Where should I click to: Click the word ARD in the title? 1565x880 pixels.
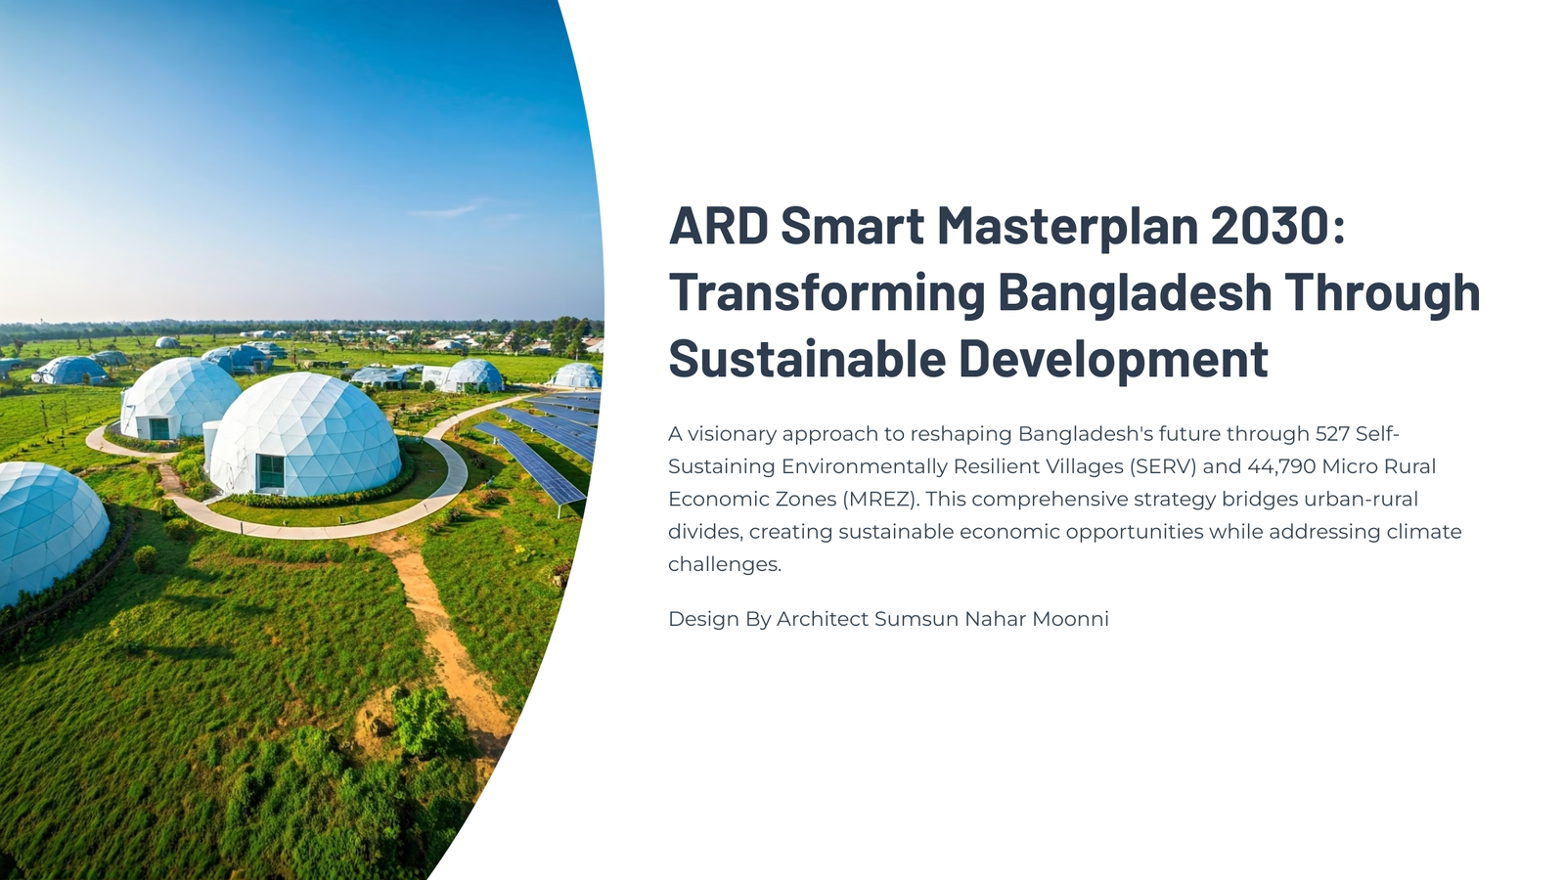(718, 226)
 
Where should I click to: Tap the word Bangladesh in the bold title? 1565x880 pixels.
(1135, 292)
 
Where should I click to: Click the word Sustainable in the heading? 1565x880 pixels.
(807, 358)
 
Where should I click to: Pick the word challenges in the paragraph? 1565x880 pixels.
(725, 564)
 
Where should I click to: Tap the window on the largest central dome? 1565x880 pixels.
(270, 472)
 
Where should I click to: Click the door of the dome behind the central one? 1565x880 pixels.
(159, 428)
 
